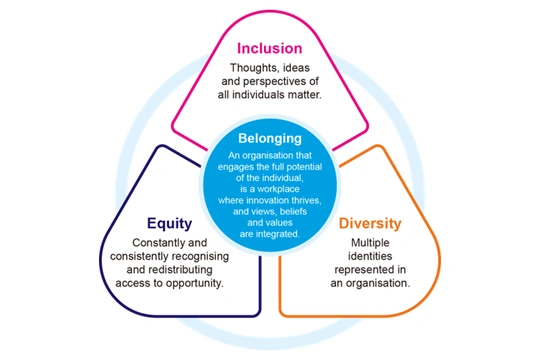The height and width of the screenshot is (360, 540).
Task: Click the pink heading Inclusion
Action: (270, 48)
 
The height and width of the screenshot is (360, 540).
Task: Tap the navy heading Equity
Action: (169, 224)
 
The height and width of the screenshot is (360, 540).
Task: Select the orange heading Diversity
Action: (370, 224)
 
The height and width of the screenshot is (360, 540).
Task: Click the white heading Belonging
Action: (270, 138)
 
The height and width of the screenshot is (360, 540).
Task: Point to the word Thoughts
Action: (255, 68)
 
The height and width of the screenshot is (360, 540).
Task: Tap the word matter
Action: (305, 95)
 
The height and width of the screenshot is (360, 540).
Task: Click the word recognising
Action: (200, 257)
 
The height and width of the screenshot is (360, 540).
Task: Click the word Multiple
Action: (370, 243)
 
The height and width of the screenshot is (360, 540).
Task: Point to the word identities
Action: (370, 256)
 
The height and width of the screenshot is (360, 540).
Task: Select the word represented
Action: (360, 270)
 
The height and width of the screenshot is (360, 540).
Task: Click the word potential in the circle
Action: (304, 167)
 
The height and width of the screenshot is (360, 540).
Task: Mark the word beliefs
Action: (293, 212)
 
